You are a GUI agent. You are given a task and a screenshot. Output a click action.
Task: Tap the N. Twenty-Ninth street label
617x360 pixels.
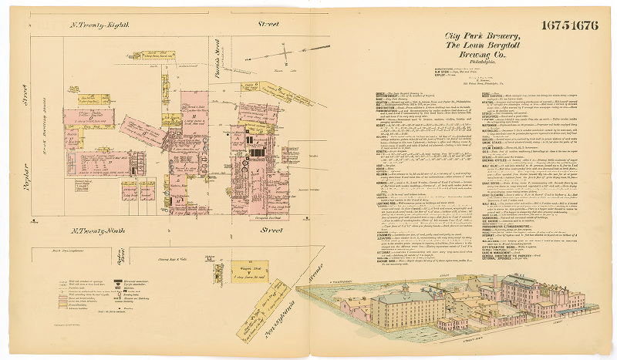101,230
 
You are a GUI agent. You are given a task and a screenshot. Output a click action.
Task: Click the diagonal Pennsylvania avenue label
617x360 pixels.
255,291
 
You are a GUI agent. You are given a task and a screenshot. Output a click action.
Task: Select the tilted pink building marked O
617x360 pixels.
143,130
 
